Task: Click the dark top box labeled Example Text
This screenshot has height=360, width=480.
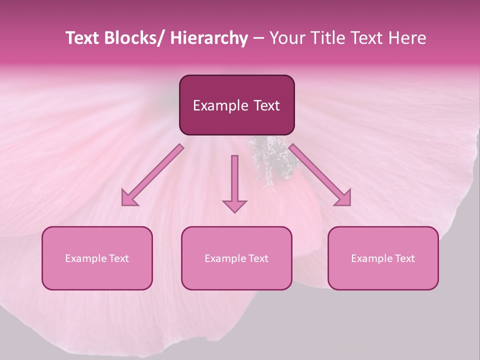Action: point(236,105)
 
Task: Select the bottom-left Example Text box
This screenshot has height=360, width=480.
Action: point(97,258)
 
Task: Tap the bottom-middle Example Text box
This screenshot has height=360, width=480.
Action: point(236,258)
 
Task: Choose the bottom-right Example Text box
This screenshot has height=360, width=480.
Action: point(383,258)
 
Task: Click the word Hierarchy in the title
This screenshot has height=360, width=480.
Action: point(209,38)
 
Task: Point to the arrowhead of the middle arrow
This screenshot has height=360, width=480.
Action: point(234,205)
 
